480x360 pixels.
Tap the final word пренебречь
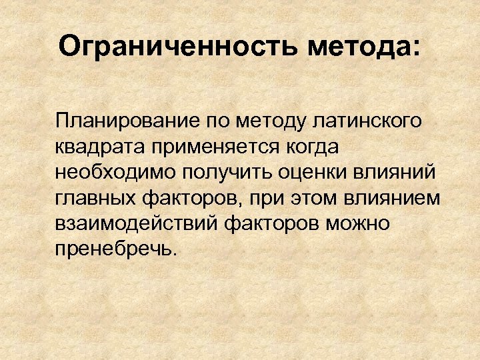(x=116, y=248)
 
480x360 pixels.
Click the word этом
(x=313, y=197)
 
